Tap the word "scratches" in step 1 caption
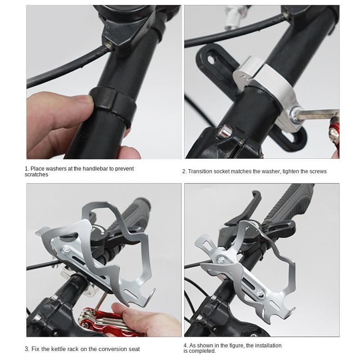coord(36,175)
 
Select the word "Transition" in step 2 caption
coord(200,171)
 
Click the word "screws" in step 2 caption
coord(317,171)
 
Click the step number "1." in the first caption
coord(27,169)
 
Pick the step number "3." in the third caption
coord(27,349)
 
